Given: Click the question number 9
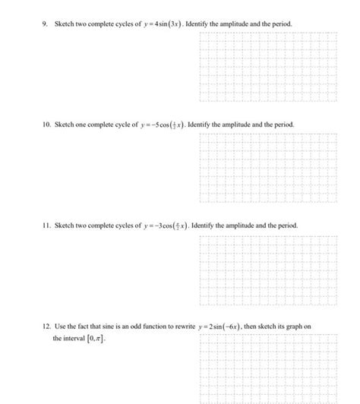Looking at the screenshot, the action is [x=45, y=24].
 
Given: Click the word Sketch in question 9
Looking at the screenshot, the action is [x=65, y=24].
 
